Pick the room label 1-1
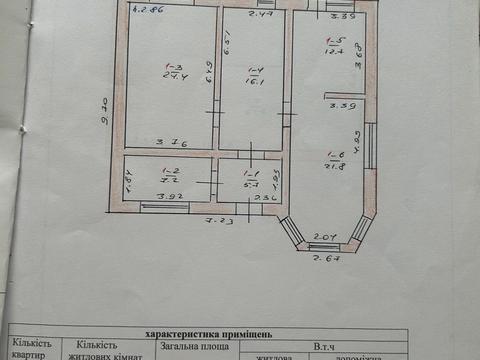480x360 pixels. [251, 172]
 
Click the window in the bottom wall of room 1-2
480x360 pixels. [165, 206]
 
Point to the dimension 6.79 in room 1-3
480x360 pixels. [209, 75]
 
